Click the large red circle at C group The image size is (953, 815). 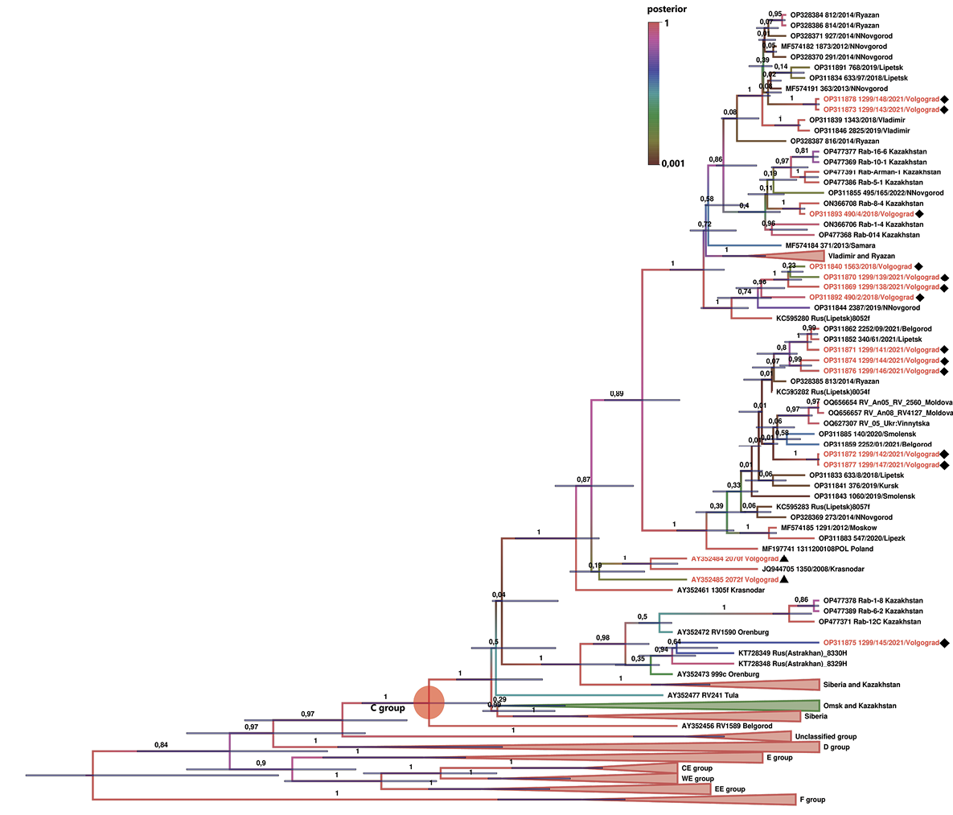[428, 702]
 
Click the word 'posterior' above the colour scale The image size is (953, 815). [668, 10]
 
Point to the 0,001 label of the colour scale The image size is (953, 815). [673, 164]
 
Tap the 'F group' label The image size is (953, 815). [811, 800]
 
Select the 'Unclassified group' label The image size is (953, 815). [825, 736]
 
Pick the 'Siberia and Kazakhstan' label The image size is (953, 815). [861, 685]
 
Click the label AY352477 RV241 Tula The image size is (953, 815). [703, 695]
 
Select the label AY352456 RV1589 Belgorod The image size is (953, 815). [727, 726]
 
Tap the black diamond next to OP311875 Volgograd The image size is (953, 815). [945, 643]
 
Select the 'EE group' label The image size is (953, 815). [729, 789]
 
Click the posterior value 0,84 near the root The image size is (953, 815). [161, 745]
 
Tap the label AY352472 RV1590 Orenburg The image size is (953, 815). [723, 632]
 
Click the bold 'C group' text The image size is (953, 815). [387, 709]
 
